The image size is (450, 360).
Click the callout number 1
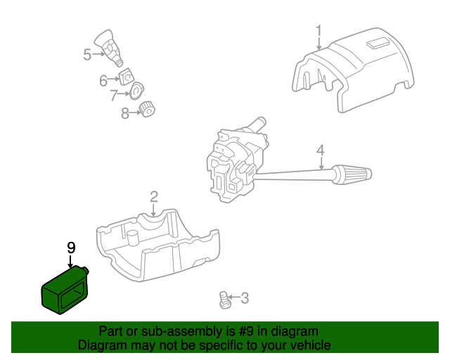point(319,31)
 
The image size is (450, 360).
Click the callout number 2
point(153,197)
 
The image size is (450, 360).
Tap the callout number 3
point(244,299)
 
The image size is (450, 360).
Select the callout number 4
point(320,150)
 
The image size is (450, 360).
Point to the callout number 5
point(87,54)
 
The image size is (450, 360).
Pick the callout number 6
point(103,80)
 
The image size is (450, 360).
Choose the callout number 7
point(114,96)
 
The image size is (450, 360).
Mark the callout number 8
point(125,112)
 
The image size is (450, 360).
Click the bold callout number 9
point(70,247)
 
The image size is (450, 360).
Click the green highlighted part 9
point(63,291)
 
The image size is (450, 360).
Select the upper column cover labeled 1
point(352,70)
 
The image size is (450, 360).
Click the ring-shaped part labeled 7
point(136,90)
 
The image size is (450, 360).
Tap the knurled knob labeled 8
point(148,109)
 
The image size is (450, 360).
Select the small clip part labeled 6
point(126,76)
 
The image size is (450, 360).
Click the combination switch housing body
point(232,162)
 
